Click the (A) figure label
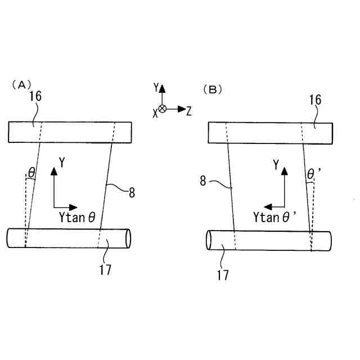click(21, 85)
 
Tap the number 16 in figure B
click(315, 100)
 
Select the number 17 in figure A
click(105, 269)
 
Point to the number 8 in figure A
click(132, 193)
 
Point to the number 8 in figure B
click(203, 181)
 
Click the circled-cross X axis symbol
click(163, 109)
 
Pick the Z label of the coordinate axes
click(188, 111)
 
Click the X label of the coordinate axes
click(155, 112)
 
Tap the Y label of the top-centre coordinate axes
click(156, 88)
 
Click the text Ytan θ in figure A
click(76, 217)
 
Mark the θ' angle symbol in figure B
click(311, 175)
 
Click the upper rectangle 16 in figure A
click(70, 132)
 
